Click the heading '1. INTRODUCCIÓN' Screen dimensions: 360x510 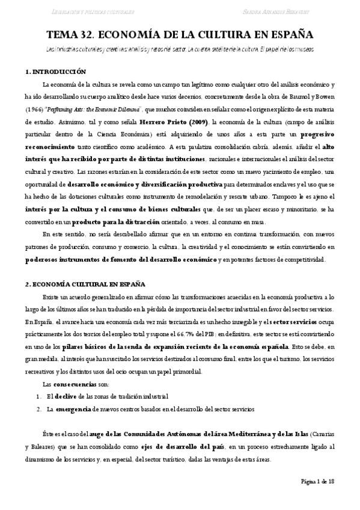click(x=56, y=72)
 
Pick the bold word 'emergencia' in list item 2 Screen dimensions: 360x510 click(x=73, y=409)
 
